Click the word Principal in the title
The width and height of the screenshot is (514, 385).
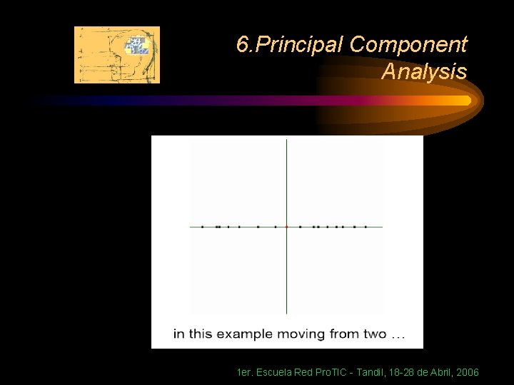point(301,45)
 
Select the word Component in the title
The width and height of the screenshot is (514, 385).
point(409,45)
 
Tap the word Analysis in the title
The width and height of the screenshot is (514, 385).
point(424,71)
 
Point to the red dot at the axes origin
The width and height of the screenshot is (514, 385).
point(286,227)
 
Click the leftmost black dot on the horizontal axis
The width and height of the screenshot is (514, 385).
point(202,227)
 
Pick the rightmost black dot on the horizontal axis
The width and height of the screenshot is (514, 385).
point(366,227)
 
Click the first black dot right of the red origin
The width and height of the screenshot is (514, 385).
point(300,227)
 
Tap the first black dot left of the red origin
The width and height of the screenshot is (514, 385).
point(276,227)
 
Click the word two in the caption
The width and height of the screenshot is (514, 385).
point(373,334)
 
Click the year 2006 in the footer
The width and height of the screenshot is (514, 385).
point(467,372)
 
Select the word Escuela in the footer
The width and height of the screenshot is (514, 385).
point(274,372)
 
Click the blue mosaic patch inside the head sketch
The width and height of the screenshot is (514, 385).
point(136,46)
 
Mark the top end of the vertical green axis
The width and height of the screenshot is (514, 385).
point(286,140)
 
